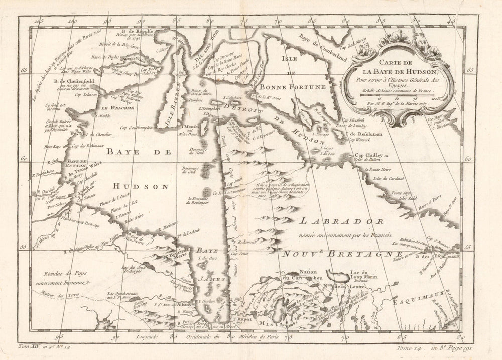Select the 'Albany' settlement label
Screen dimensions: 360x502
pos(185,305)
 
